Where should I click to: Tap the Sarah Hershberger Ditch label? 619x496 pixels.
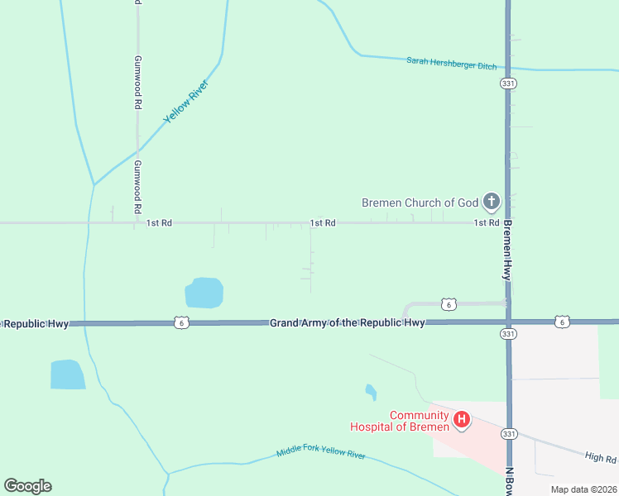tap(451, 62)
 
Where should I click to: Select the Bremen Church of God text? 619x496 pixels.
tap(420, 202)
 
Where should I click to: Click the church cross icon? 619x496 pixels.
tap(492, 201)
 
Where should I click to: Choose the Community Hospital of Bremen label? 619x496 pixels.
tap(399, 421)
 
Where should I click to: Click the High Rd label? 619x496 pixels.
tap(600, 457)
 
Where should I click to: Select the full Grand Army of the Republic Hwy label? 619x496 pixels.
tap(348, 322)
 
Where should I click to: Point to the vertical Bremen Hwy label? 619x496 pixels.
tap(507, 249)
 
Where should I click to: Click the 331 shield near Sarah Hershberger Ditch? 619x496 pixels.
tap(508, 83)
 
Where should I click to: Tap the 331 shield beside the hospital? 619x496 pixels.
tap(509, 432)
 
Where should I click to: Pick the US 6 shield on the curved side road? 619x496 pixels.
tap(448, 303)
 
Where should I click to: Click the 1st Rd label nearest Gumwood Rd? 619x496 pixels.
tap(159, 223)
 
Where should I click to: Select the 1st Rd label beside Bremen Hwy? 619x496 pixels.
tap(486, 223)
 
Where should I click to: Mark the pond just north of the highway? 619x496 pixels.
tap(204, 293)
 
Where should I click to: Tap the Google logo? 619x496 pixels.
tap(27, 486)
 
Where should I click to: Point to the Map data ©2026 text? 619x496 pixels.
tap(583, 489)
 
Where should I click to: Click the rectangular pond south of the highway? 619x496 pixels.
tap(67, 374)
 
